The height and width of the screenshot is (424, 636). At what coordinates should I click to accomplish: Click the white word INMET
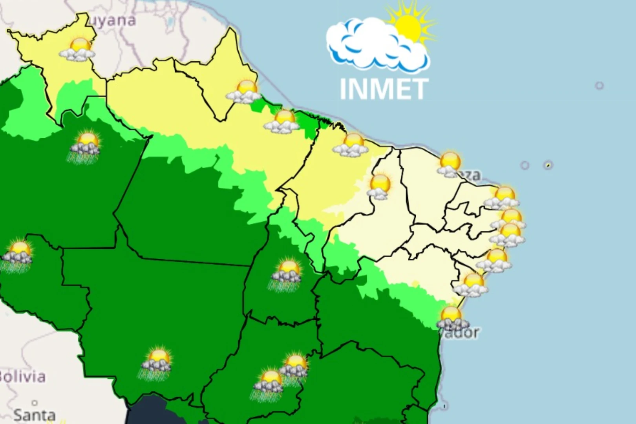384,89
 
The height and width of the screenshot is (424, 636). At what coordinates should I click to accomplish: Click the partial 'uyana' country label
112,20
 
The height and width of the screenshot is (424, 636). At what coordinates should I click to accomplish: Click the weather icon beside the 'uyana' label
79,50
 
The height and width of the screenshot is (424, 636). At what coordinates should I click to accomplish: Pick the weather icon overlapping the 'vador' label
452,318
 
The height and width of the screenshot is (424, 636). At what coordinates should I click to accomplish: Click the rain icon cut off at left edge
17,256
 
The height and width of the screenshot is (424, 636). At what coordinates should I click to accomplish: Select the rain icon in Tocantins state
287,274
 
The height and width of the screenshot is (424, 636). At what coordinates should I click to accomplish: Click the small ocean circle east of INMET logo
599,86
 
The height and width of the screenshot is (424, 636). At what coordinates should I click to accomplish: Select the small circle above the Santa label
35,403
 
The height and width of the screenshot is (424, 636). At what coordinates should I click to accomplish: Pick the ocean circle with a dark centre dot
548,165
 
